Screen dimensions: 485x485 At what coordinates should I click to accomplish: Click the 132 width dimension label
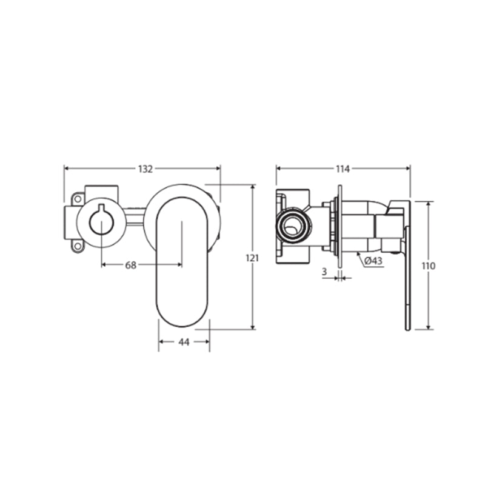(145, 169)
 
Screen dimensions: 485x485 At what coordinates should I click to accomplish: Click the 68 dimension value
(130, 265)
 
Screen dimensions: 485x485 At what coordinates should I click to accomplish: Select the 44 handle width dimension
(184, 342)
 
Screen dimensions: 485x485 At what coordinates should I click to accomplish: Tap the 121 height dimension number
(252, 258)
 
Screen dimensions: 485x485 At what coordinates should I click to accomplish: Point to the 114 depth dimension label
(343, 169)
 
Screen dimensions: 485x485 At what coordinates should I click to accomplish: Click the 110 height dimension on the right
(429, 266)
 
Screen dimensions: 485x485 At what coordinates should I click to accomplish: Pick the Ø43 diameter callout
(373, 261)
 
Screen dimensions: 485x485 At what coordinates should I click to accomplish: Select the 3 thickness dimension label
(324, 272)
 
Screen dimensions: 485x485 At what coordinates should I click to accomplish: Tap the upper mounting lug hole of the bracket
(78, 199)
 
